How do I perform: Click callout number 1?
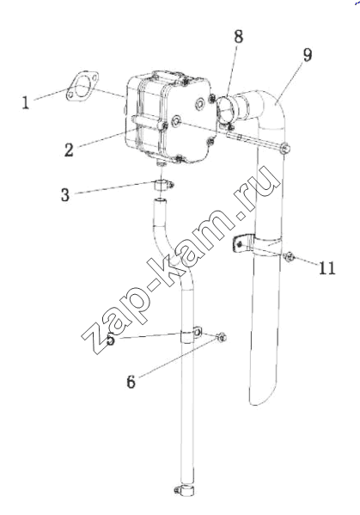pos(26,102)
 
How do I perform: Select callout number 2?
pos(69,150)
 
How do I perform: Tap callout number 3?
pos(65,194)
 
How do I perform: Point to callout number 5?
pos(111,339)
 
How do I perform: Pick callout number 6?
pos(131,382)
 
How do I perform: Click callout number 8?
pos(239,36)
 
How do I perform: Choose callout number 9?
pos(307,55)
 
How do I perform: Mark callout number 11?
pos(327,267)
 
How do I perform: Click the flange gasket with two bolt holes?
pos(82,85)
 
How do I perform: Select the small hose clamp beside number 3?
pos(163,187)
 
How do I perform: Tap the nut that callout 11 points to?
pos(289,256)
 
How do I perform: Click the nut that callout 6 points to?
pos(222,337)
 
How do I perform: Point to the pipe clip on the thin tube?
pos(191,334)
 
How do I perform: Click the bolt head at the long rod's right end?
pos(285,149)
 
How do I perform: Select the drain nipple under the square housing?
pos(161,162)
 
